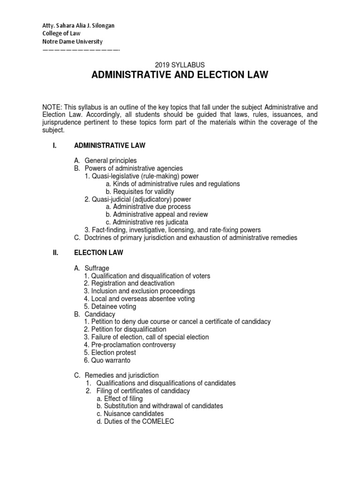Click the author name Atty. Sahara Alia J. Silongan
point(78,26)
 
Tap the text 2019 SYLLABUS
point(180,65)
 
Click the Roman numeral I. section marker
point(54,146)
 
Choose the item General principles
point(111,161)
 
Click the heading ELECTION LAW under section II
point(99,253)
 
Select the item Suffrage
point(97,268)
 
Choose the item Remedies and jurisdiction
point(121,375)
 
